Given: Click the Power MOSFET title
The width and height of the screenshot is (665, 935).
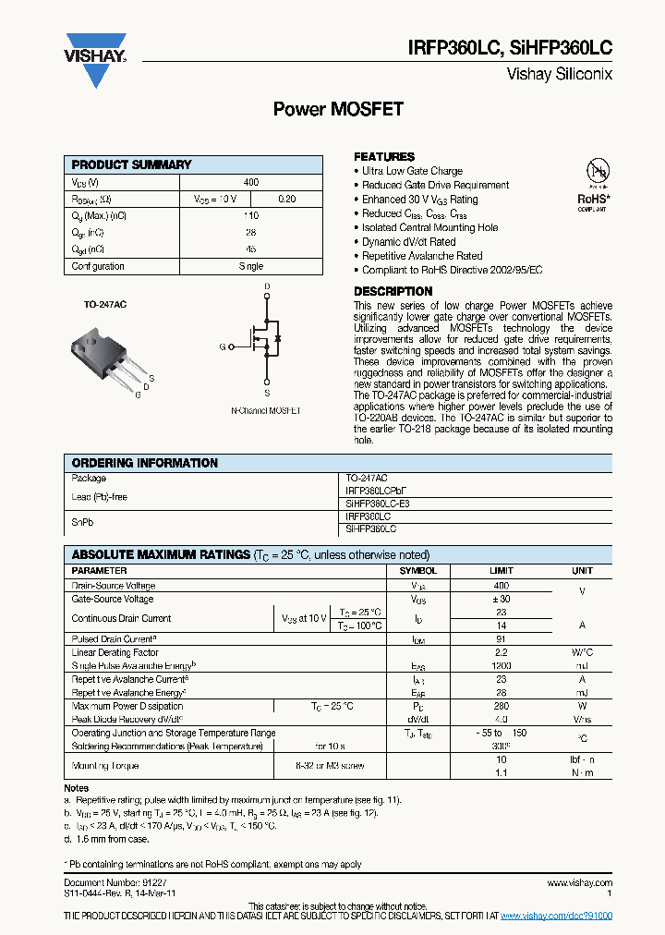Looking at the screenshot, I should point(338,109).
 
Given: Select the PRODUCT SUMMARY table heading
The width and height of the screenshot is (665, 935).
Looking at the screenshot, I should point(132,164).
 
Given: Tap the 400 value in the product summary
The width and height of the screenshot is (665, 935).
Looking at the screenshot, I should point(250,183).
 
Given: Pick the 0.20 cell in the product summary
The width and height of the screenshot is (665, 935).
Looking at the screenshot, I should point(287,200).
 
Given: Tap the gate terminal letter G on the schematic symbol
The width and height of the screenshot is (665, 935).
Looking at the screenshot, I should point(222,346).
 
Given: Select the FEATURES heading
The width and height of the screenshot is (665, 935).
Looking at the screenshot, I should point(384,157).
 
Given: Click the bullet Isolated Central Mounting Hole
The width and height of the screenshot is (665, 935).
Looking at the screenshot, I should point(429,227).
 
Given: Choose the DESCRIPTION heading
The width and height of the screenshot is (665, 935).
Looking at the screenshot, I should point(393,292).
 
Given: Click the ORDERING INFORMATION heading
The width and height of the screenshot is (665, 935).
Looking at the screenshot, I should point(145,463).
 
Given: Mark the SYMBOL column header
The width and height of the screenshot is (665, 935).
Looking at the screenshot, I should point(417,571).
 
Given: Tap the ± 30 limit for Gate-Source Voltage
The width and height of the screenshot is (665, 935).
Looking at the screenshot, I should point(501,600).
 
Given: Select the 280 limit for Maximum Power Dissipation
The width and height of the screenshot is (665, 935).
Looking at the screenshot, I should point(501,706).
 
